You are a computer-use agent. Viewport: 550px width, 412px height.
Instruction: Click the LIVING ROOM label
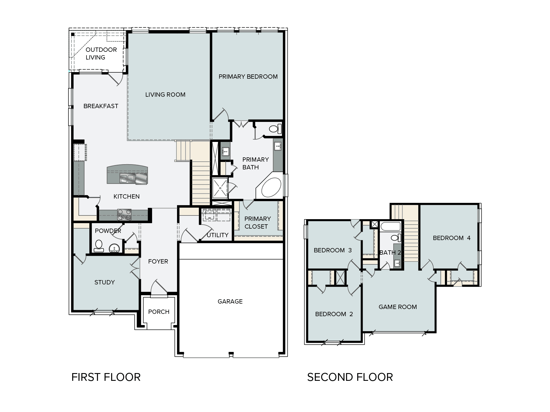(x=165, y=95)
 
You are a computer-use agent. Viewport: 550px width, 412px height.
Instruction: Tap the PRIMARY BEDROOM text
(x=248, y=77)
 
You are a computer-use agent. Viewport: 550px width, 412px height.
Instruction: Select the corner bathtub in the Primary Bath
(x=272, y=187)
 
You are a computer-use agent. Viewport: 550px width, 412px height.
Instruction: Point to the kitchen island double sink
(x=127, y=179)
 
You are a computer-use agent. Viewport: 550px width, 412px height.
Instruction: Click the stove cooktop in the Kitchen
(x=124, y=215)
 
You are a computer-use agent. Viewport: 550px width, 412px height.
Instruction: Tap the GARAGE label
(x=230, y=302)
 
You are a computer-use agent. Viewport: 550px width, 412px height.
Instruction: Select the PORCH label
(x=159, y=312)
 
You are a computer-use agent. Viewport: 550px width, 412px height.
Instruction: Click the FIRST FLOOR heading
(x=106, y=377)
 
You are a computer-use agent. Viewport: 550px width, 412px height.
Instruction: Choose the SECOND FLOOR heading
(x=350, y=377)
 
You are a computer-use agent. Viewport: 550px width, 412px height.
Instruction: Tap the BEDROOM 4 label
(x=451, y=238)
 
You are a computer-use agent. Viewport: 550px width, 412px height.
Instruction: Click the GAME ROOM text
(x=398, y=307)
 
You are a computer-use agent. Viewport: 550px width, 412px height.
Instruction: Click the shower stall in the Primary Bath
(x=220, y=188)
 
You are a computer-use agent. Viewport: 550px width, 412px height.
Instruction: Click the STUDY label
(x=105, y=282)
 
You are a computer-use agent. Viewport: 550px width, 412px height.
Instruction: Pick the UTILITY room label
(x=217, y=235)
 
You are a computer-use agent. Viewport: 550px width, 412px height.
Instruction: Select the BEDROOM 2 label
(x=334, y=314)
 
